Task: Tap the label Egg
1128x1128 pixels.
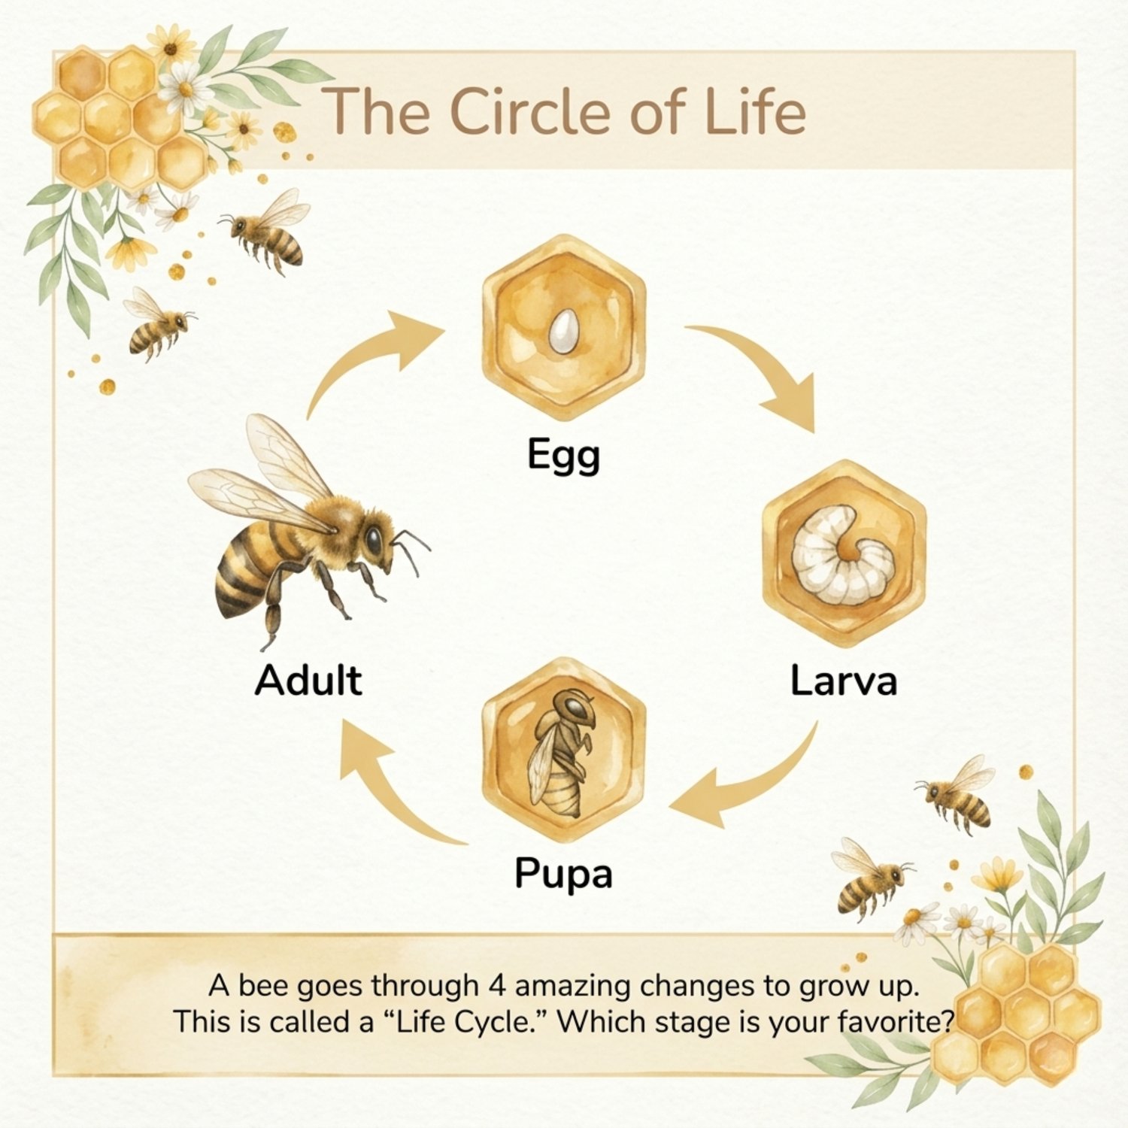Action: point(563,456)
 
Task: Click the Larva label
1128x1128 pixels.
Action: point(844,681)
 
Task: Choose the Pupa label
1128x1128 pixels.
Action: point(563,875)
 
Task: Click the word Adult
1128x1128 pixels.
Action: point(308,680)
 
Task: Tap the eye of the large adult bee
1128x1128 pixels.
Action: point(374,538)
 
